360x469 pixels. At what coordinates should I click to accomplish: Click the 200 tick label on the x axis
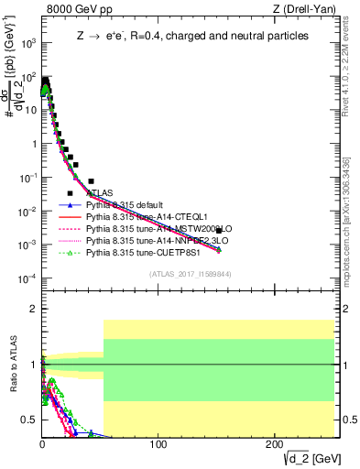275,446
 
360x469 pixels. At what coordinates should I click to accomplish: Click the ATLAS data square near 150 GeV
218,231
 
